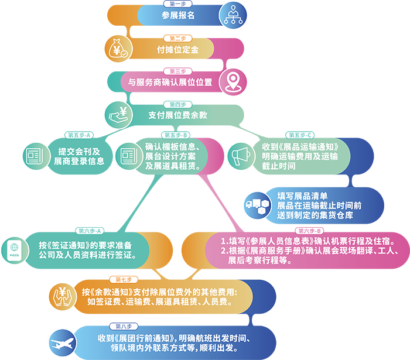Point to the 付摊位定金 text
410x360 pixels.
point(177,50)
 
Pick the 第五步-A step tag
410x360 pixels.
point(80,135)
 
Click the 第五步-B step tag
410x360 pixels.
point(175,135)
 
